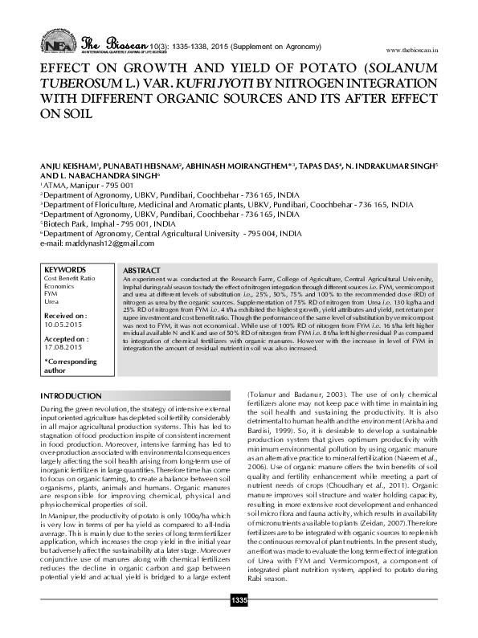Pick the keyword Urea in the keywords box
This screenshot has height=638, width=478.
(51, 301)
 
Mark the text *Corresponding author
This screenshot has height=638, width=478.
(63, 366)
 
